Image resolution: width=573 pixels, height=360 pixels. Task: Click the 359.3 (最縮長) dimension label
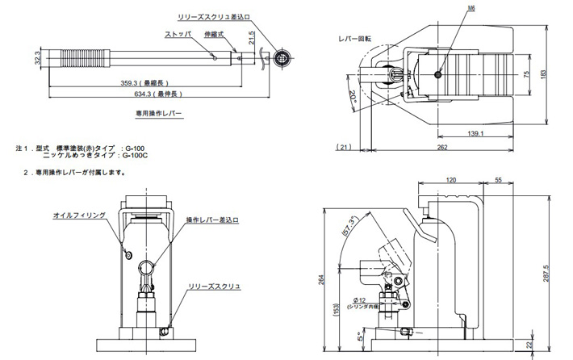tap(144, 82)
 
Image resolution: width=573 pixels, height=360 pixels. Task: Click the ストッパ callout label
tap(178, 36)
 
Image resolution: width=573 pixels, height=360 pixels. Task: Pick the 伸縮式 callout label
tap(211, 36)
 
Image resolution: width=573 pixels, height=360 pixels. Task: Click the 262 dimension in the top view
tap(442, 148)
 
